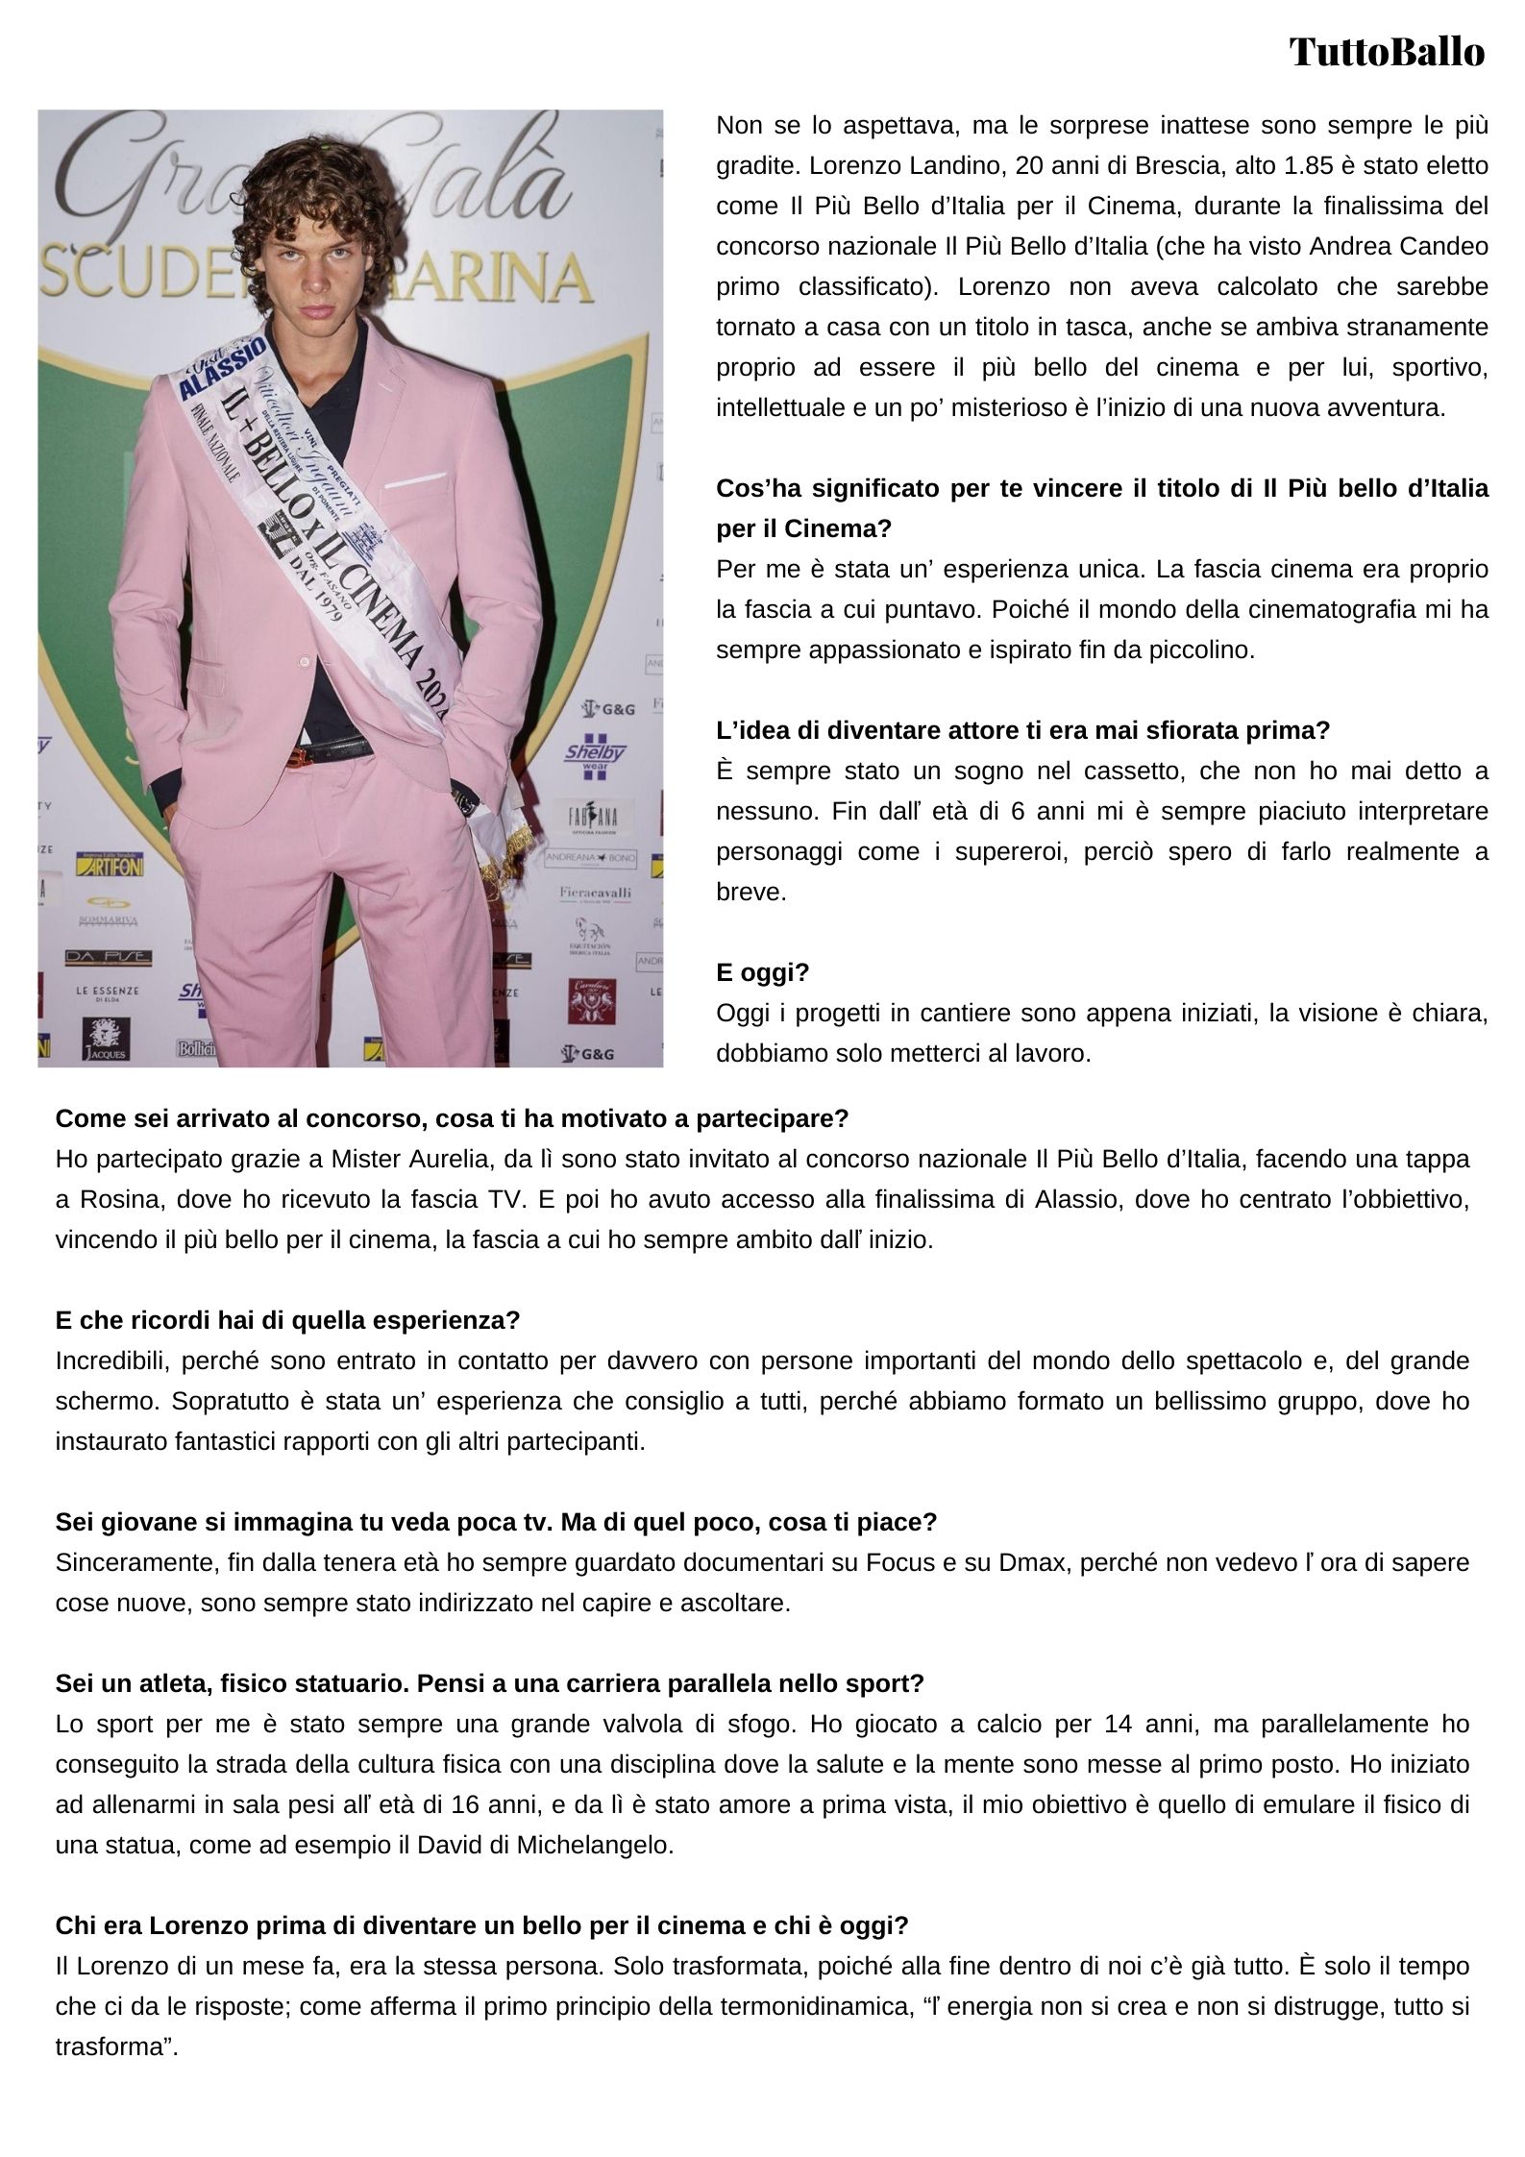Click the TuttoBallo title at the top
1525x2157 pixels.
1386,52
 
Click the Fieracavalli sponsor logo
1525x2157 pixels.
595,893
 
